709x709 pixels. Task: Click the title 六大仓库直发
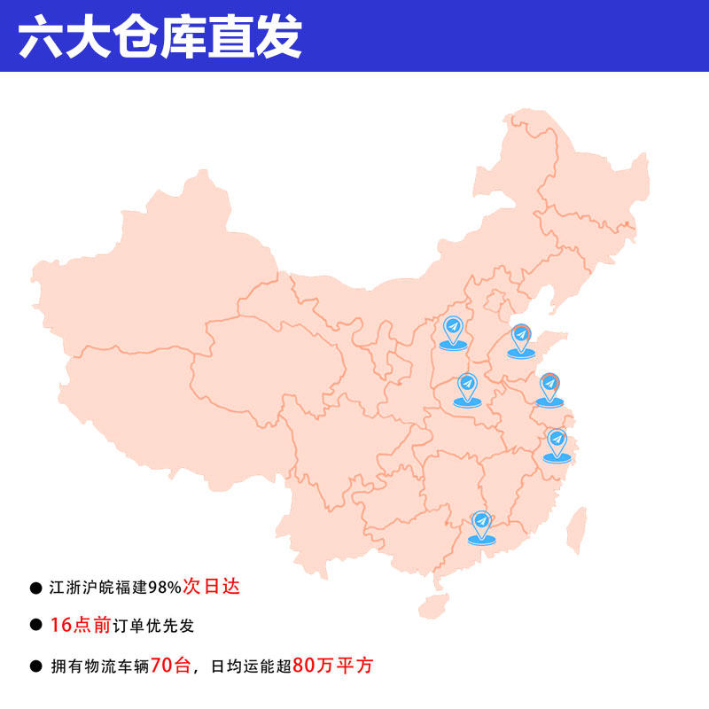[x=160, y=36]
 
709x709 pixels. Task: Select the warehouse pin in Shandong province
[x=521, y=337]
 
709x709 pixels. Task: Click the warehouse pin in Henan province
[x=467, y=386]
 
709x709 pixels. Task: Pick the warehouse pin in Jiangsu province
[x=549, y=386]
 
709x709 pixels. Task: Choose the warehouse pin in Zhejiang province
[x=557, y=440]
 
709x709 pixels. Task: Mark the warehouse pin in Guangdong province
[x=481, y=523]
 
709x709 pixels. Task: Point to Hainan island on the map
[x=432, y=606]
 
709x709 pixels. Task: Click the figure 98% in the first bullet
[x=165, y=587]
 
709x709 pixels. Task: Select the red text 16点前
[x=80, y=625]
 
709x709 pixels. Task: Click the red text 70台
[x=171, y=665]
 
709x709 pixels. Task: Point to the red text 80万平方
[x=332, y=665]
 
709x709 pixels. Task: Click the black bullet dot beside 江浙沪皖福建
[x=35, y=587]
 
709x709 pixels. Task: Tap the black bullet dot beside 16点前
[x=35, y=625]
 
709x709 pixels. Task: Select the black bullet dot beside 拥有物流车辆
[x=35, y=666]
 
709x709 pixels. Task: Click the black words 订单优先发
[x=152, y=626]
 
